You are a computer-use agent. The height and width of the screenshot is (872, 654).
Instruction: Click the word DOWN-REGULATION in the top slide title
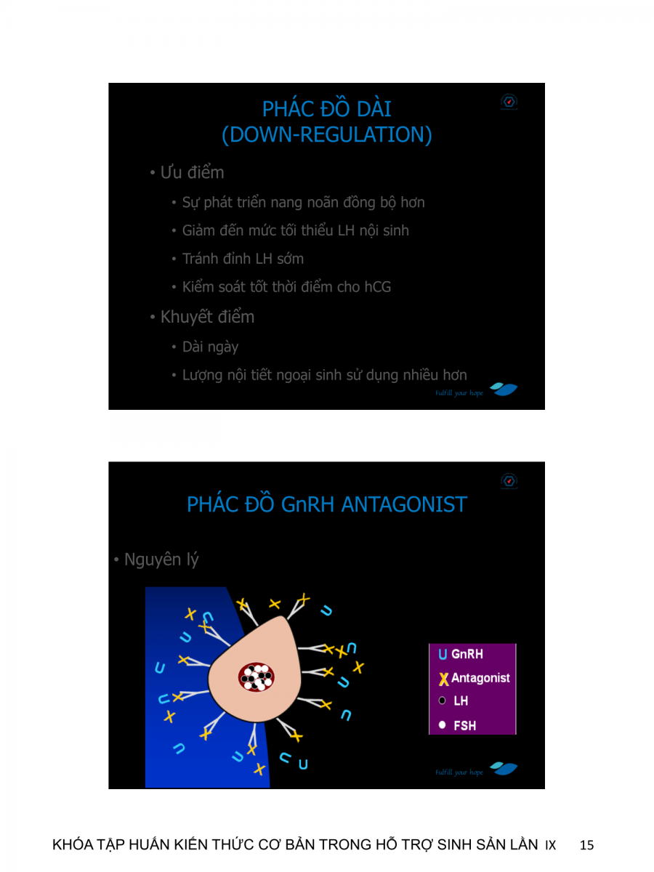[x=326, y=135]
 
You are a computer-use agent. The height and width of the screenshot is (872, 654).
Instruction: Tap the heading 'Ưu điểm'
[x=192, y=173]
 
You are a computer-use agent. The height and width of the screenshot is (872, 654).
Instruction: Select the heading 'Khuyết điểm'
[x=207, y=317]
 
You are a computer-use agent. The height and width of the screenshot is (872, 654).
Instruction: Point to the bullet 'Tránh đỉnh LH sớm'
[x=243, y=259]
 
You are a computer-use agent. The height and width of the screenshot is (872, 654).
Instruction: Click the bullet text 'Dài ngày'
[x=210, y=347]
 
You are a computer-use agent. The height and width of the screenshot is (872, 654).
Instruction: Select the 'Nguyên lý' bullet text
[x=161, y=560]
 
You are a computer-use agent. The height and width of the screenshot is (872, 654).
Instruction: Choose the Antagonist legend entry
[x=480, y=678]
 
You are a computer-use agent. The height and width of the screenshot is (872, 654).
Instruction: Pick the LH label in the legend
[x=461, y=701]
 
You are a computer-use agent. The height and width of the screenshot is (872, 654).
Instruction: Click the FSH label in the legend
[x=464, y=725]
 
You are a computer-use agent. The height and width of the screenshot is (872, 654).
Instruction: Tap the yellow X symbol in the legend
[x=443, y=679]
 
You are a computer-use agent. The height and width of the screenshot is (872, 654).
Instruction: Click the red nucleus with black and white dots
[x=257, y=677]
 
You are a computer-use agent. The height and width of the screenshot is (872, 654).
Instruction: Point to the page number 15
[x=587, y=845]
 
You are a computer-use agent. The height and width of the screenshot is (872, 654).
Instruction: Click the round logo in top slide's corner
[x=509, y=102]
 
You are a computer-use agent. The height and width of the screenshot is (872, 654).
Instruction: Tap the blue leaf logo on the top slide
[x=504, y=389]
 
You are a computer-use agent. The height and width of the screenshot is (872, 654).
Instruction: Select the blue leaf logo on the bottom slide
[x=504, y=769]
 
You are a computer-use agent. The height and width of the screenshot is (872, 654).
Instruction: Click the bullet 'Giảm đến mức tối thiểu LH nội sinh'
[x=295, y=230]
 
